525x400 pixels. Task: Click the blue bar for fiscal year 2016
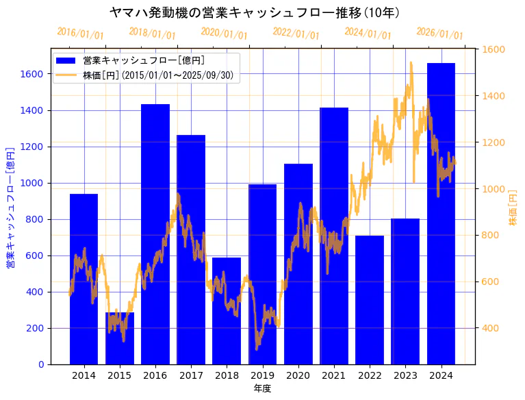(155, 233)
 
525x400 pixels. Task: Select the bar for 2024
(441, 212)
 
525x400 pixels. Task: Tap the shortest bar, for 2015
(120, 338)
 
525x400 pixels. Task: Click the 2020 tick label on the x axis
(298, 375)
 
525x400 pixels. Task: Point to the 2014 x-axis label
(84, 375)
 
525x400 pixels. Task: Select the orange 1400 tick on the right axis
(494, 96)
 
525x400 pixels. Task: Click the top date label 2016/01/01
(80, 34)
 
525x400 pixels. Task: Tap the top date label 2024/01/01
(368, 34)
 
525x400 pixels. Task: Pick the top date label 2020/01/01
(224, 34)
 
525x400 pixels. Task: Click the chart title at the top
(255, 12)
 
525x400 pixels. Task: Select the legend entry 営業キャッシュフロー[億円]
(144, 60)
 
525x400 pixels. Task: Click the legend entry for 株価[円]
(160, 75)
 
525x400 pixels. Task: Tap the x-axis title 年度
(262, 388)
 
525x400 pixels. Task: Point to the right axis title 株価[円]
(513, 207)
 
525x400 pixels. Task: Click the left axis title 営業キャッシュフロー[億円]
(10, 207)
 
